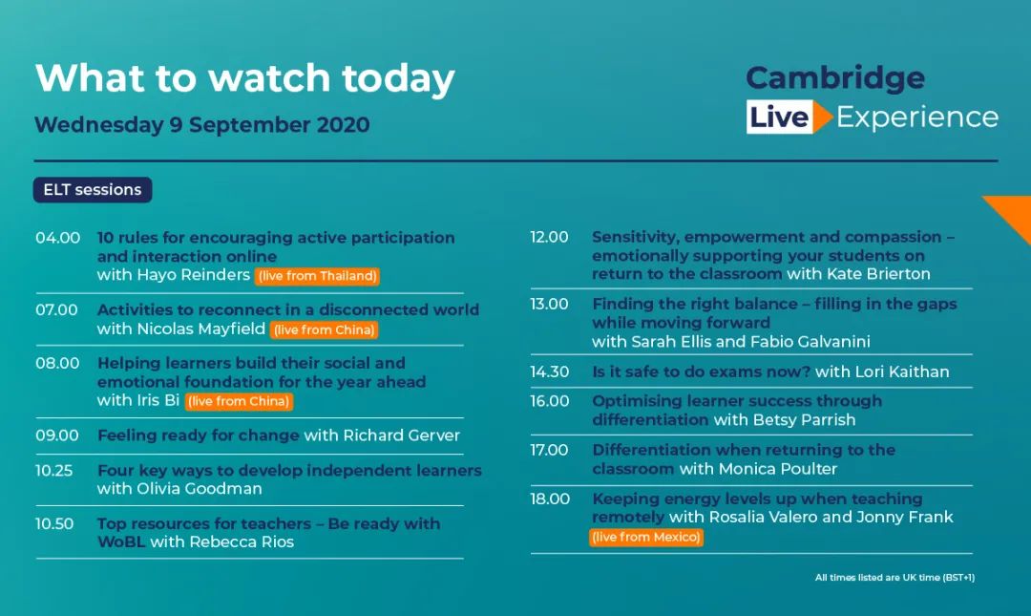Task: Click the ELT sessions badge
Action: tap(93, 189)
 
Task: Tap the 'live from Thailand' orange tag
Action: tap(318, 276)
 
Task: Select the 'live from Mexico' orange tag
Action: tap(646, 537)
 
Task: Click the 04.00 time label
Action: tap(58, 238)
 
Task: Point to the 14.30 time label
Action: tap(550, 372)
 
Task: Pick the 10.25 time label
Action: tap(53, 471)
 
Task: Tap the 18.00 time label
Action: tap(551, 499)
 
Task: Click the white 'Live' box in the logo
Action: tap(779, 117)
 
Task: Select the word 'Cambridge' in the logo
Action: tap(835, 78)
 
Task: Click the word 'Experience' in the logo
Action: tap(917, 117)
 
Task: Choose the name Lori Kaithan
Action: tap(901, 372)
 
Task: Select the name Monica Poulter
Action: tap(778, 469)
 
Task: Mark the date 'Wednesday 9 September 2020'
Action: tap(201, 125)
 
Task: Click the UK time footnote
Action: tap(894, 578)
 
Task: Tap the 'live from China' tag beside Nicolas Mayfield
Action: tap(325, 329)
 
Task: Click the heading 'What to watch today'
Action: tap(244, 78)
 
